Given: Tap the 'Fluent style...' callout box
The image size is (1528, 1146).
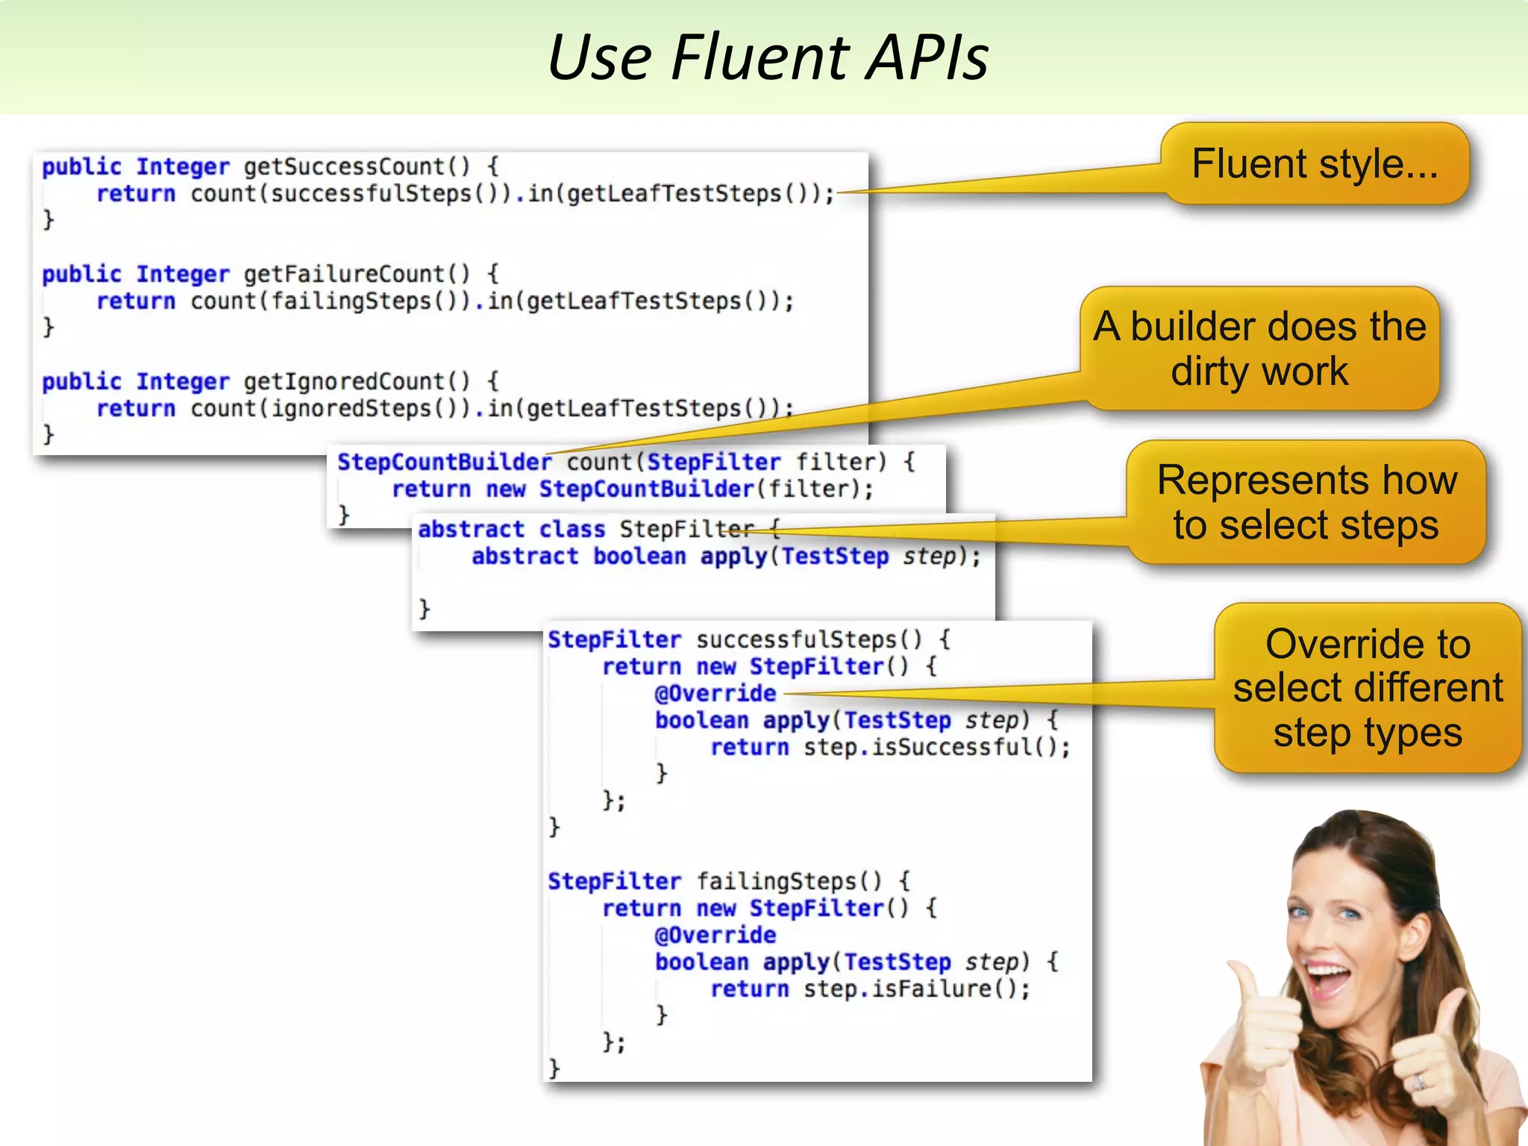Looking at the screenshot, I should (x=1315, y=164).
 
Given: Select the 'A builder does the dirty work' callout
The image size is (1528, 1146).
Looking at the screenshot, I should (x=1259, y=349).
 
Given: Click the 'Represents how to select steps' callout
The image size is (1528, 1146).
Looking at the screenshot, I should (x=1306, y=502).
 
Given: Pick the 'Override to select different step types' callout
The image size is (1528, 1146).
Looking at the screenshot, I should (x=1368, y=688).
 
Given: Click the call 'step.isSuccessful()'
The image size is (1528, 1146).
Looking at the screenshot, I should (x=936, y=747).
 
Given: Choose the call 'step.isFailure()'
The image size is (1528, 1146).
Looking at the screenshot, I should (x=915, y=989).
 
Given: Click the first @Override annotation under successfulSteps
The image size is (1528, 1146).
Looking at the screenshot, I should (x=715, y=693).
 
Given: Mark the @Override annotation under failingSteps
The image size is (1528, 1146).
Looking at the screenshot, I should (x=715, y=935).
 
